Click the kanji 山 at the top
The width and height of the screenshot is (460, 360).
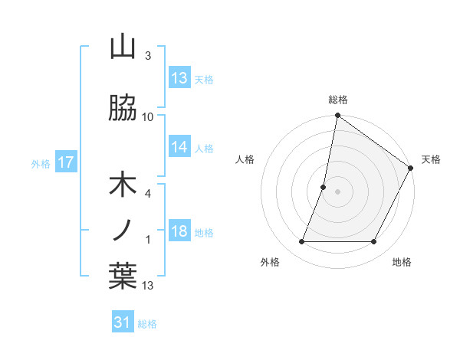(x=123, y=47)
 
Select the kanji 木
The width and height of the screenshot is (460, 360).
(x=123, y=186)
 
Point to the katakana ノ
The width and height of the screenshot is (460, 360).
(x=123, y=229)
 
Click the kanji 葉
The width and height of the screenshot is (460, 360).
(x=123, y=275)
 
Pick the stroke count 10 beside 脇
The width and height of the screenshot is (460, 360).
(x=148, y=117)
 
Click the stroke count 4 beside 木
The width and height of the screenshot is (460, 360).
(x=148, y=194)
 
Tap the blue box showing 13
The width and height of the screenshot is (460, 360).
(x=179, y=78)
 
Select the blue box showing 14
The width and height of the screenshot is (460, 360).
(x=179, y=148)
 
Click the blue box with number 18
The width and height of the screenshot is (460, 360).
(x=179, y=231)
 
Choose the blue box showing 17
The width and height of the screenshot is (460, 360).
(x=65, y=162)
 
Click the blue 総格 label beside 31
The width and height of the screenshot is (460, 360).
(x=147, y=324)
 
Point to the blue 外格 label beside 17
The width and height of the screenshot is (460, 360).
(x=41, y=164)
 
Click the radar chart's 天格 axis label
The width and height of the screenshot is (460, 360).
(x=431, y=159)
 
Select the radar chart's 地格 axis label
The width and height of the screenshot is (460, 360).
(x=402, y=262)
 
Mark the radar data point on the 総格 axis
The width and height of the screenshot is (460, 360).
(x=337, y=116)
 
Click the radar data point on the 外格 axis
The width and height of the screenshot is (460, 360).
(x=301, y=242)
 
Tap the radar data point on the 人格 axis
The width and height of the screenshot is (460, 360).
(x=324, y=187)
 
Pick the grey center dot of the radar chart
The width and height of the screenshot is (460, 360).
(x=337, y=191)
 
